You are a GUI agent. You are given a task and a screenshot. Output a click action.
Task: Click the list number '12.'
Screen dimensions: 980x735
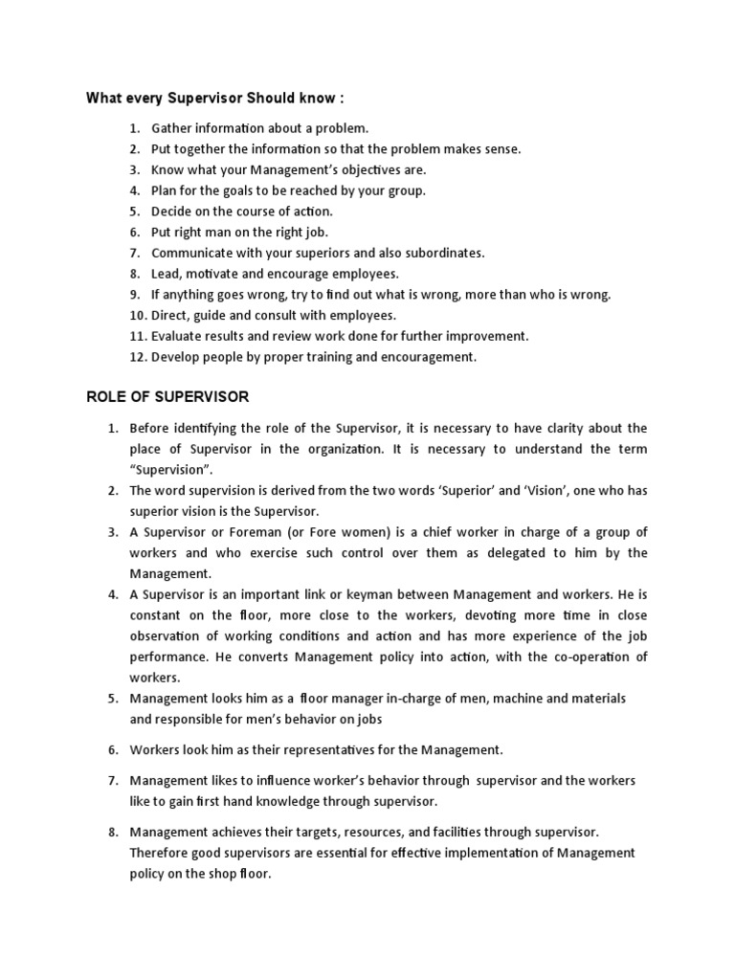pos(134,357)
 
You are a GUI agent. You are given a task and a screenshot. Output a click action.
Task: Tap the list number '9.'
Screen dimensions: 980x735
pos(135,295)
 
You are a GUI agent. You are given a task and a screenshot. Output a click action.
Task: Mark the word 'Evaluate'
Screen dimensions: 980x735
pos(178,336)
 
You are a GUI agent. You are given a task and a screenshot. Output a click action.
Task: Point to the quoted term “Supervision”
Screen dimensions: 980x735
pos(172,470)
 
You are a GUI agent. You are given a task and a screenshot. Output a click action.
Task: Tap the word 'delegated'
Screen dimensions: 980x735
pos(491,553)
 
